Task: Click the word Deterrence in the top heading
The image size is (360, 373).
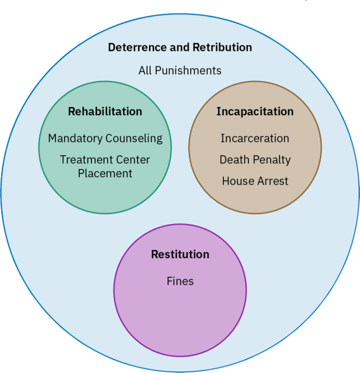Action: tap(138, 47)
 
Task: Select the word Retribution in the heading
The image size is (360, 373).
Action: tap(222, 47)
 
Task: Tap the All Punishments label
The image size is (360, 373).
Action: tap(180, 71)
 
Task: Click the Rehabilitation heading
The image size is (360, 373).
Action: tap(105, 111)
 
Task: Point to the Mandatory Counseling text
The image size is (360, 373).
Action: tap(105, 139)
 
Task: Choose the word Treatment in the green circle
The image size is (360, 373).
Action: tap(82, 160)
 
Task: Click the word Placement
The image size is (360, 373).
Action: tap(105, 174)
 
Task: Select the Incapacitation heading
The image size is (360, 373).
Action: tap(255, 111)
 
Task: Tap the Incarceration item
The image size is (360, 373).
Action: tap(255, 139)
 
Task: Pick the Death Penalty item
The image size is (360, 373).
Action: tap(255, 160)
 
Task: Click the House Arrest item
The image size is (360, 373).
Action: tap(255, 181)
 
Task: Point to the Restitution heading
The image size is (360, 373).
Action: tap(180, 255)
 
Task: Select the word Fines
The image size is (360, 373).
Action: tap(180, 281)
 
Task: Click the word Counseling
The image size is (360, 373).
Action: tap(134, 139)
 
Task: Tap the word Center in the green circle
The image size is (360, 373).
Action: tap(128, 160)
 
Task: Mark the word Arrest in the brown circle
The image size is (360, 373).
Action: tap(273, 181)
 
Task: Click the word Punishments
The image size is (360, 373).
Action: tap(188, 71)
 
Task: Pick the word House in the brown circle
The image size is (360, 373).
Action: tap(238, 181)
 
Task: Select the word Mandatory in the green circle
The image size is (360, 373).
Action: tap(75, 139)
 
